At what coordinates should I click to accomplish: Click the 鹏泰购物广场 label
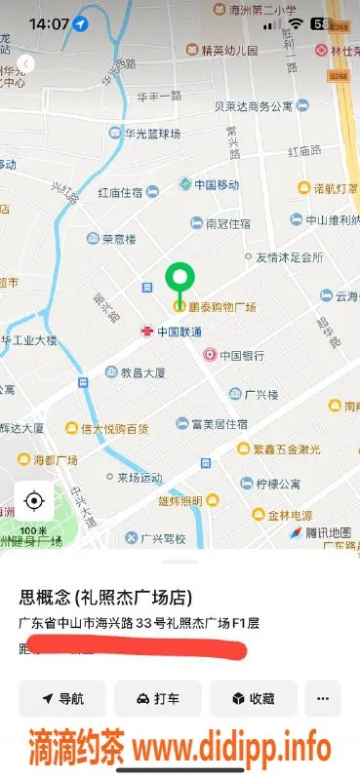221,307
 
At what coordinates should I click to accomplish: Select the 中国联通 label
180,331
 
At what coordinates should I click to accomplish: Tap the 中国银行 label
241,356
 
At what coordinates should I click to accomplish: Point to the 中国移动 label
216,184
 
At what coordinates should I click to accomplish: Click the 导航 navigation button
62,698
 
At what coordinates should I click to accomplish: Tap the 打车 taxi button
158,698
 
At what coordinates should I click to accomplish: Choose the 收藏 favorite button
253,698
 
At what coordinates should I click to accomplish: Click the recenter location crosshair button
34,501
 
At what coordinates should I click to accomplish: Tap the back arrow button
26,63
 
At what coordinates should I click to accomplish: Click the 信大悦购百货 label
114,428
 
